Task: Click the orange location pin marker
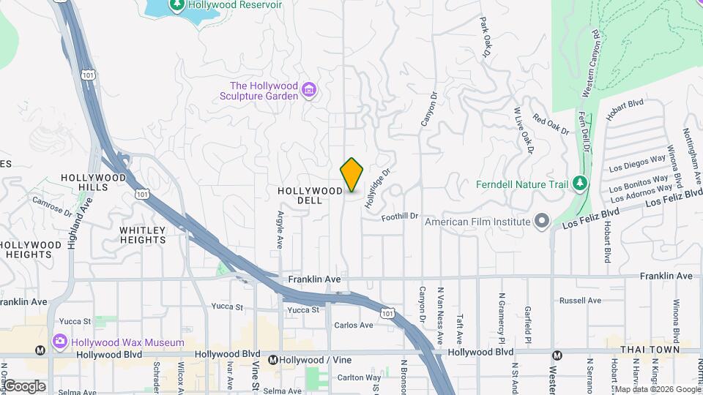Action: tap(352, 175)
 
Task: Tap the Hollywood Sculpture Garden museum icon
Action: tap(310, 91)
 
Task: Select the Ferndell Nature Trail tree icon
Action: tap(581, 183)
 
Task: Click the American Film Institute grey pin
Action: tap(542, 221)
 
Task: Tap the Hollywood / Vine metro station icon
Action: tap(273, 360)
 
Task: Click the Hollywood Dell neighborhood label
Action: tap(310, 195)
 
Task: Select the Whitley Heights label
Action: tap(143, 235)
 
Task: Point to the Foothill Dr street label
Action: tap(399, 216)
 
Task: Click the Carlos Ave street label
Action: tap(354, 325)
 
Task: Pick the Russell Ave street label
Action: tap(580, 301)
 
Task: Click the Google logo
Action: tap(24, 386)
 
